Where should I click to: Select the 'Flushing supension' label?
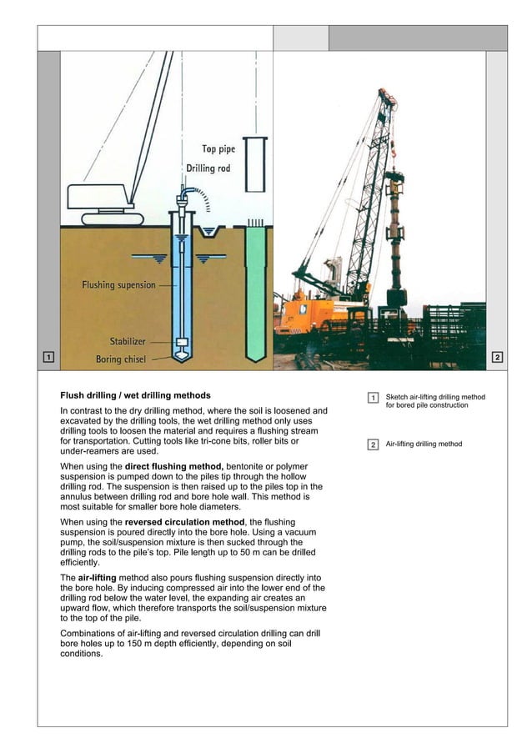tap(118, 285)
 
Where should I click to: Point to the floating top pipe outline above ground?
tap(255, 165)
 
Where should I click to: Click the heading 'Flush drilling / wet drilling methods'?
tap(135, 395)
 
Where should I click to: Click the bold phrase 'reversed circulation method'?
tap(173, 522)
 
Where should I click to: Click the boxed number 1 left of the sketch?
tap(48, 358)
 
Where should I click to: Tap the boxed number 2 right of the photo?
tap(497, 358)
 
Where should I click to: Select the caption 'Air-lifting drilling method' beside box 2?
tap(424, 444)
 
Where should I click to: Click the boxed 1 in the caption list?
tap(373, 398)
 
